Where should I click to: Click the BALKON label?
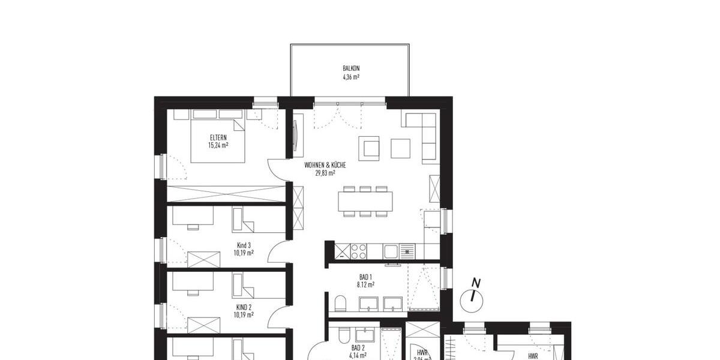pyautogui.click(x=351, y=69)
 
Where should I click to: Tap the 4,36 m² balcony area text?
pyautogui.click(x=351, y=77)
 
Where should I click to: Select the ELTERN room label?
pyautogui.click(x=218, y=137)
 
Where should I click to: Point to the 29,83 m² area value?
pyautogui.click(x=325, y=173)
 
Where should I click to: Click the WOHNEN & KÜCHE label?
pyautogui.click(x=325, y=164)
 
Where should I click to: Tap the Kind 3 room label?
pyautogui.click(x=244, y=245)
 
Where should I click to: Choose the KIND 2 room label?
pyautogui.click(x=244, y=306)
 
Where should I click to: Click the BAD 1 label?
pyautogui.click(x=366, y=277)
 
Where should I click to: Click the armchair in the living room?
pyautogui.click(x=369, y=147)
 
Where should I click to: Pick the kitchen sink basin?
pyautogui.click(x=392, y=251)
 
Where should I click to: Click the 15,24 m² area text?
pyautogui.click(x=218, y=145)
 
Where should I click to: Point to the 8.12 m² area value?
pyautogui.click(x=366, y=285)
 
